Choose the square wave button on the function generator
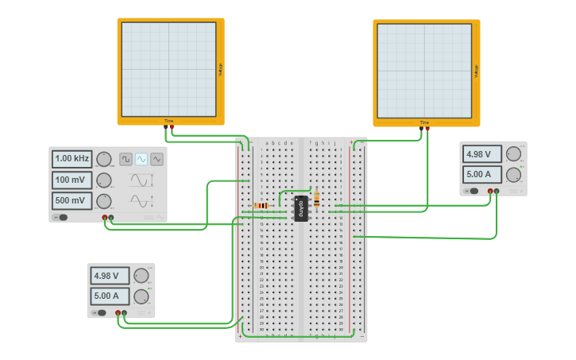pyautogui.click(x=126, y=159)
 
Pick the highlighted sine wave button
pyautogui.click(x=141, y=159)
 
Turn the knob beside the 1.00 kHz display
pyautogui.click(x=104, y=159)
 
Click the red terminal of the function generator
pyautogui.click(x=104, y=217)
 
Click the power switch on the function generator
pyautogui.click(x=60, y=217)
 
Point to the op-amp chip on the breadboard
pyautogui.click(x=301, y=208)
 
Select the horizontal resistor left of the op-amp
pyautogui.click(x=261, y=206)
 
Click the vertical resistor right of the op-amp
pyautogui.click(x=317, y=199)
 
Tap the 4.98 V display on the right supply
pyautogui.click(x=483, y=154)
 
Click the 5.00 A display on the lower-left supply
pyautogui.click(x=110, y=296)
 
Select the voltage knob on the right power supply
pyautogui.click(x=514, y=153)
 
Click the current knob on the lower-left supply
pyautogui.click(x=141, y=296)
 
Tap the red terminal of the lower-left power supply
pyautogui.click(x=118, y=313)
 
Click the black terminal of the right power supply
pyautogui.click(x=497, y=191)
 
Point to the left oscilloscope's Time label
pyautogui.click(x=168, y=121)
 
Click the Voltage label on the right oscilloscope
pyautogui.click(x=476, y=71)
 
